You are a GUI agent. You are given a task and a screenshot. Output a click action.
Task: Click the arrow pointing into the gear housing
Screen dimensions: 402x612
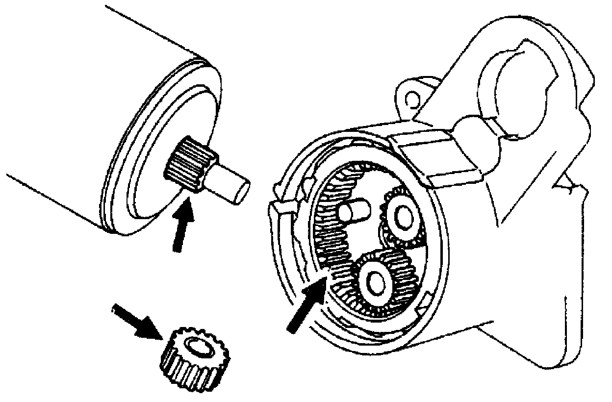click(x=306, y=304)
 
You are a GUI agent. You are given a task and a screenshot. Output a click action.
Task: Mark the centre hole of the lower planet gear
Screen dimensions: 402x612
click(x=376, y=281)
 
